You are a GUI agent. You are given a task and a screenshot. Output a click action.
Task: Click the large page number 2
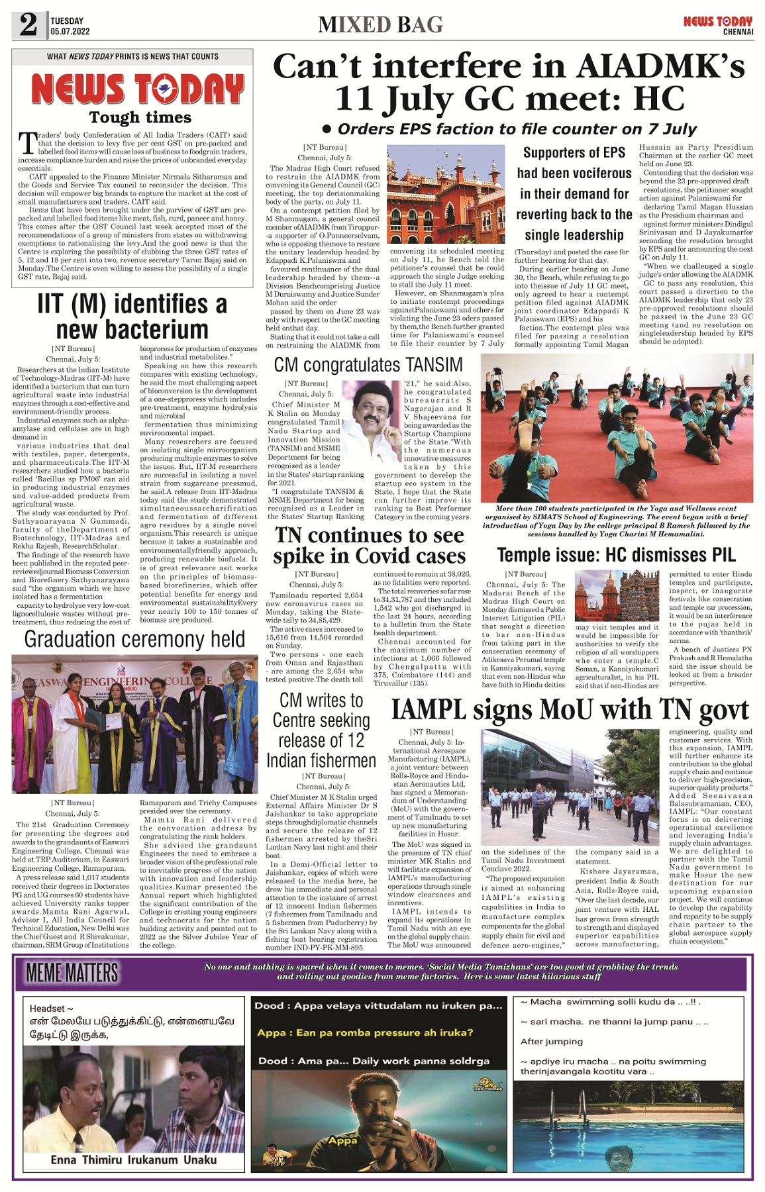coord(28,25)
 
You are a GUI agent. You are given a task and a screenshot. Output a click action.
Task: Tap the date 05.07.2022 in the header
coord(70,32)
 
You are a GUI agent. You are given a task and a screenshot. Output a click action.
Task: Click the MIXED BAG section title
coord(380,25)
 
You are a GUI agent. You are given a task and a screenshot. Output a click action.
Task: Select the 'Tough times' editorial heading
coord(140,118)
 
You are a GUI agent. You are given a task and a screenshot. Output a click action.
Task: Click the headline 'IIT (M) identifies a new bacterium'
coord(132,317)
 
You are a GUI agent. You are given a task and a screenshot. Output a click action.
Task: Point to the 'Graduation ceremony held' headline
coord(134,639)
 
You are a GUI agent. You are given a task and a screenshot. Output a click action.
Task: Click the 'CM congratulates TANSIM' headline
coord(368,365)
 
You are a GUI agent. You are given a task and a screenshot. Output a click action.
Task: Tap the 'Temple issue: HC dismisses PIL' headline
coord(616,554)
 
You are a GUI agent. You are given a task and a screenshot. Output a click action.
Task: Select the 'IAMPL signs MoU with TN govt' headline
coord(570,709)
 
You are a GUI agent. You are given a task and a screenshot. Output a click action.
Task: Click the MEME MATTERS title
coord(72,972)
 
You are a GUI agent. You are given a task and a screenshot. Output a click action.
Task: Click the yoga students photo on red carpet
coord(617,428)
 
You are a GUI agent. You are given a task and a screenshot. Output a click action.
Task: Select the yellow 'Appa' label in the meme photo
coord(342,1140)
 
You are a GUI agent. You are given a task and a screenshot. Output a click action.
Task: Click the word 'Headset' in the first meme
coord(46,1008)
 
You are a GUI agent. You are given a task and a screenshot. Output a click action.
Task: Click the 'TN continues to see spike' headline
coord(369,545)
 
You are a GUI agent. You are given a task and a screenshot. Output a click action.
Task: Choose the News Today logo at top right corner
coord(718,25)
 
